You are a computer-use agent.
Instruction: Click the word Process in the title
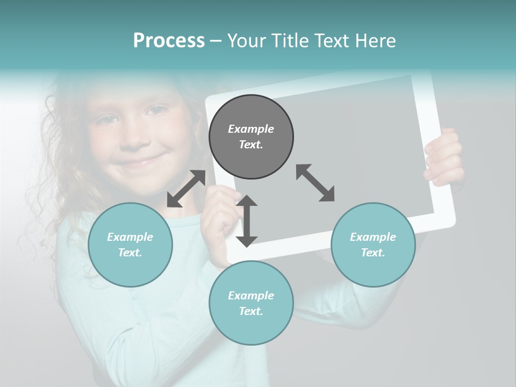click(x=169, y=41)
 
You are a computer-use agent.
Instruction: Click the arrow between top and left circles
click(x=186, y=188)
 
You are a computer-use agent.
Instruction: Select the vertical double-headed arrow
click(x=247, y=221)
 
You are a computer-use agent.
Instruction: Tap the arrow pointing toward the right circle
click(x=316, y=183)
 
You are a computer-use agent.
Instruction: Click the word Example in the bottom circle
click(x=251, y=296)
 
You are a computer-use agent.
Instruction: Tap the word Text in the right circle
click(x=372, y=253)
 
